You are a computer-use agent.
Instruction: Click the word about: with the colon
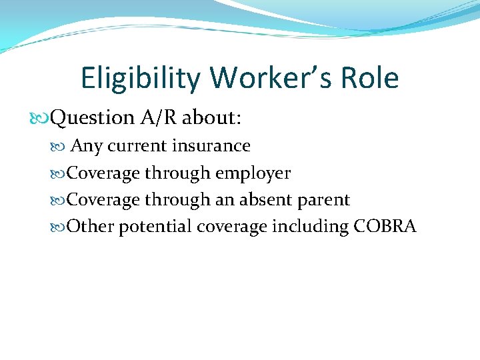tap(211, 118)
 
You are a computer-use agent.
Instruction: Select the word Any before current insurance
tap(86, 146)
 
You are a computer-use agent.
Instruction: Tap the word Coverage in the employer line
tap(104, 173)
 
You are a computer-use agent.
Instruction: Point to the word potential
tap(155, 227)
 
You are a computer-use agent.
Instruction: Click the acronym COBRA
tap(385, 227)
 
